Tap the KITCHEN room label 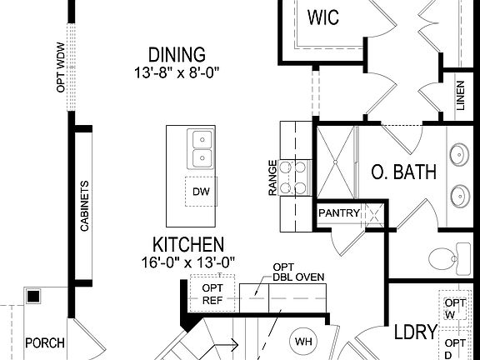187,245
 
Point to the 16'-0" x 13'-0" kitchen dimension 187,262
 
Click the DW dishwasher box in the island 200,192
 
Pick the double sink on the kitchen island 200,149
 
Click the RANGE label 272,178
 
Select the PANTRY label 339,213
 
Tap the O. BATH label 403,172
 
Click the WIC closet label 323,17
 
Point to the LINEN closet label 461,97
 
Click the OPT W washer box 455,308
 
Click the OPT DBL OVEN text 298,272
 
